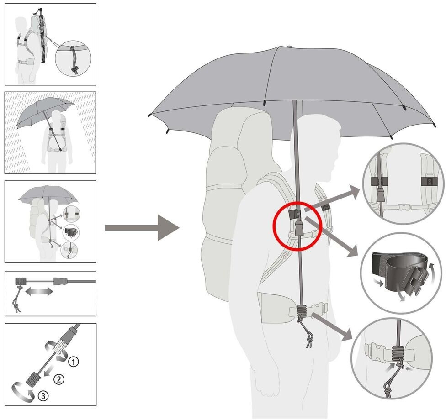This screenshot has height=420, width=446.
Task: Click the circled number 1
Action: (74, 362)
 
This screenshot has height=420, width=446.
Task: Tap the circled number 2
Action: (58, 378)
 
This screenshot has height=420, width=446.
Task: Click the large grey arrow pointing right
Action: (142, 227)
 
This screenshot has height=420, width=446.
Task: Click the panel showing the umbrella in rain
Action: (50, 133)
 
